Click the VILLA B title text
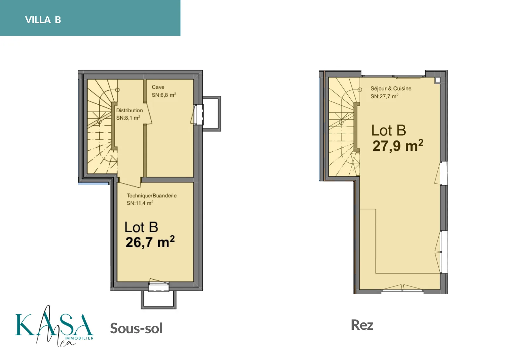tap(43, 20)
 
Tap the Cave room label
tap(158, 87)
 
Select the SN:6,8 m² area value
tap(164, 95)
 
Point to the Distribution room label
tap(129, 110)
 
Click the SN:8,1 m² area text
tap(128, 118)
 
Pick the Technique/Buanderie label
tap(151, 196)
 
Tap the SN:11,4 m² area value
tap(140, 203)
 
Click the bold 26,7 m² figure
tap(150, 242)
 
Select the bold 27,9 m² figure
tap(398, 146)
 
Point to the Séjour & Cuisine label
tap(391, 89)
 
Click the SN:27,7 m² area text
tap(384, 96)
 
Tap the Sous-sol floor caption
tap(136, 329)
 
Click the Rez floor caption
tap(362, 325)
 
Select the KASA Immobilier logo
tap(54, 326)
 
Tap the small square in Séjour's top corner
tap(438, 80)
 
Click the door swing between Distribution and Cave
tap(148, 114)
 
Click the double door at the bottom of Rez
tap(402, 288)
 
